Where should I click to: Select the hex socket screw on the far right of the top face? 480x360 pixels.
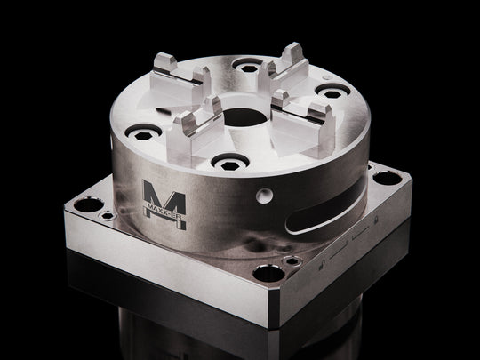pos(332,92)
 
